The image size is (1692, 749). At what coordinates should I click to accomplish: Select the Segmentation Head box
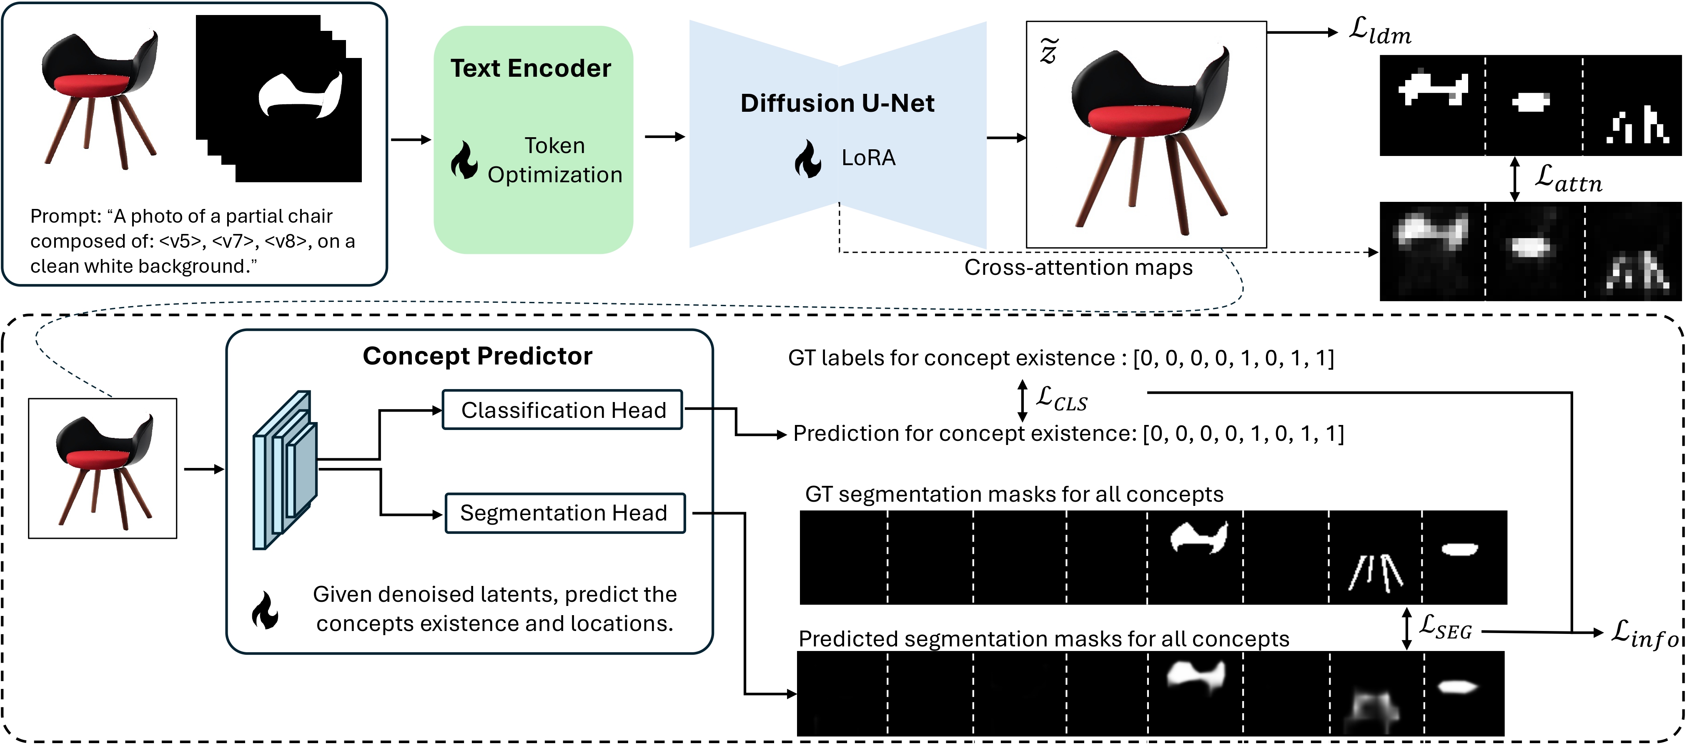click(x=565, y=513)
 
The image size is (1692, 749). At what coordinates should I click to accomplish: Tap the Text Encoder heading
click(x=531, y=68)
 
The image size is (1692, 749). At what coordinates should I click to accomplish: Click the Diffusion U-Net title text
click(x=837, y=103)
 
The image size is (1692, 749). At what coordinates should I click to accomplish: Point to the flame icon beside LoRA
click(x=807, y=158)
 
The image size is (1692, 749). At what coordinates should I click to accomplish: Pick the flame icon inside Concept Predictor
click(x=266, y=611)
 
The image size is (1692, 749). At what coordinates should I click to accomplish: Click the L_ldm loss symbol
click(x=1379, y=31)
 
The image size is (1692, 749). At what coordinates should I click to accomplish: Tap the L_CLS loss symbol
click(x=1061, y=399)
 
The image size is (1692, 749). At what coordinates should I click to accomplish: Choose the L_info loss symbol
click(x=1645, y=633)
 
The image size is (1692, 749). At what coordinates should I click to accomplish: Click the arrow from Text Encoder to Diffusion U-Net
click(x=665, y=137)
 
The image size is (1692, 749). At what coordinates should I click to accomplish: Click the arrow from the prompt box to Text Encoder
click(x=411, y=139)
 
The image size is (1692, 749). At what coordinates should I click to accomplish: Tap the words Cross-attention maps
click(x=1078, y=267)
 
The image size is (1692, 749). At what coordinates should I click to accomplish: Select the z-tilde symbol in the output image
click(x=1049, y=50)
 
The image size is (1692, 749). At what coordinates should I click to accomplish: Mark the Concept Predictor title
click(x=478, y=356)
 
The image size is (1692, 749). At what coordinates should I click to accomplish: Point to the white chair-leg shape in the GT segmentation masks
click(x=1376, y=573)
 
